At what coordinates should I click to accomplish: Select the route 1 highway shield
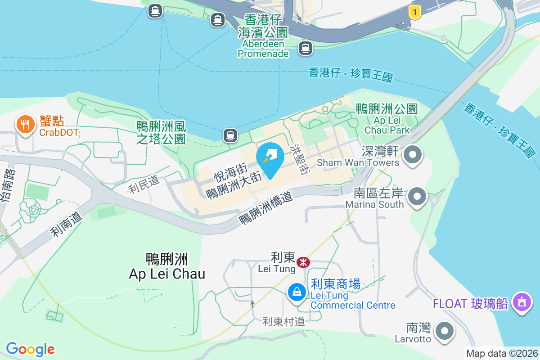click(x=414, y=12)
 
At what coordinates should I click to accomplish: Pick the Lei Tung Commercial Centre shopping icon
click(x=297, y=292)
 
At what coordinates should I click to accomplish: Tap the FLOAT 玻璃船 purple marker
click(x=522, y=302)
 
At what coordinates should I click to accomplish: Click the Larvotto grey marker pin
click(x=445, y=331)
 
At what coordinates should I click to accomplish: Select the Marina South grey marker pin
click(x=417, y=197)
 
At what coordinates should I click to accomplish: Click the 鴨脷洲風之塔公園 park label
click(x=161, y=132)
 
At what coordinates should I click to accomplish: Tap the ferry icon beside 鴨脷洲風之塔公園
click(x=230, y=135)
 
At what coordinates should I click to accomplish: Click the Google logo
click(x=31, y=349)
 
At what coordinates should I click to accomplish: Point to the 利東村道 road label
click(x=283, y=321)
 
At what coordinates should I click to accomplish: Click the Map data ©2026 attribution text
click(x=501, y=354)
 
